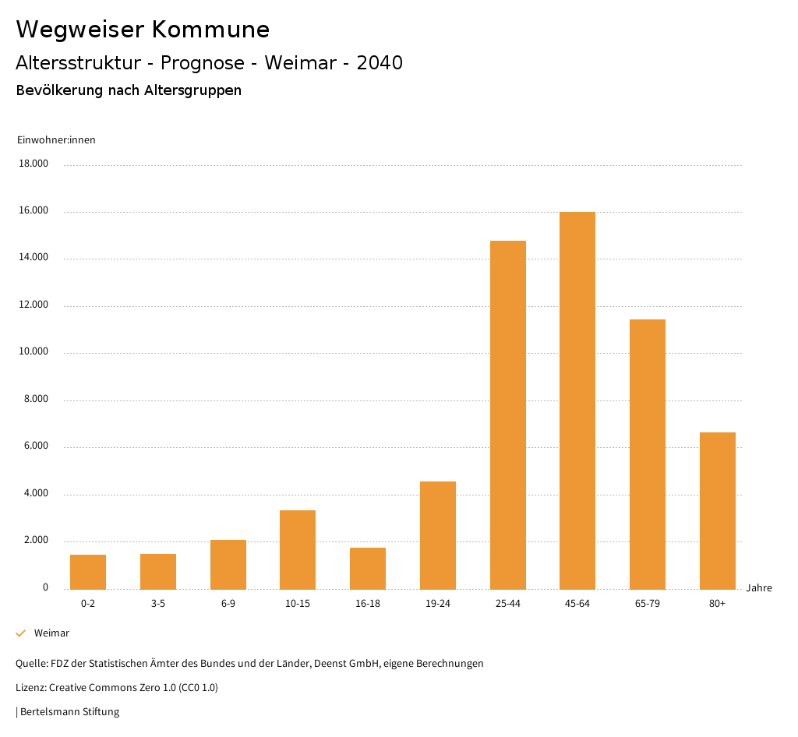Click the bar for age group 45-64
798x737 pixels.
pos(577,400)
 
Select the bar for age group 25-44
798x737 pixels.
pos(508,414)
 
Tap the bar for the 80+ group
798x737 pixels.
pos(718,510)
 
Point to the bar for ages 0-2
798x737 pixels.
pos(88,572)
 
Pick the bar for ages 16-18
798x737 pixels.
pos(368,568)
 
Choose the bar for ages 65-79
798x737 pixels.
pos(648,454)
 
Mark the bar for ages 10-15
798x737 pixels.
pos(298,549)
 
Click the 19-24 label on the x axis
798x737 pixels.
pos(438,604)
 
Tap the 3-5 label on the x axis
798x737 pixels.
pos(158,604)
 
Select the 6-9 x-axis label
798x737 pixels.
pos(228,604)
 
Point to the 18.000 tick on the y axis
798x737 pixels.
pos(34,164)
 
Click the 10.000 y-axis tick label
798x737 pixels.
pos(34,351)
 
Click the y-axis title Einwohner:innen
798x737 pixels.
pos(56,140)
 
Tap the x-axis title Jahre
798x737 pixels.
pos(759,588)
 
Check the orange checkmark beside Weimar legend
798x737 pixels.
pos(21,633)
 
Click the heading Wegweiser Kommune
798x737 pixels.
pos(143,30)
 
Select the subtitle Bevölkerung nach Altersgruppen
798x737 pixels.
pos(129,90)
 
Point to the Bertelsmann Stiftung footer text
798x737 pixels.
pos(69,711)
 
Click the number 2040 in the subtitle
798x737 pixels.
pos(380,63)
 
